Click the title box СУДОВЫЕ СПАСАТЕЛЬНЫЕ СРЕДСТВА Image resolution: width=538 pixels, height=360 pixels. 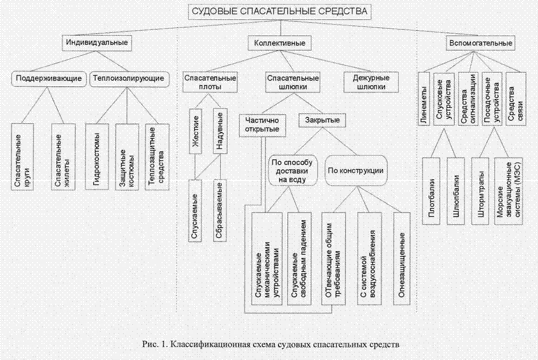279,11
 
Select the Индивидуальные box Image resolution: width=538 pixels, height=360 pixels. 96,43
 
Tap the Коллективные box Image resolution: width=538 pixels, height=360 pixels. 280,43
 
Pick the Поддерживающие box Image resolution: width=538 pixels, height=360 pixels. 49,77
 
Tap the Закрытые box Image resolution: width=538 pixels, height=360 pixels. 318,121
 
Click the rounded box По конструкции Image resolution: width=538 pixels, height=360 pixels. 356,170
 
